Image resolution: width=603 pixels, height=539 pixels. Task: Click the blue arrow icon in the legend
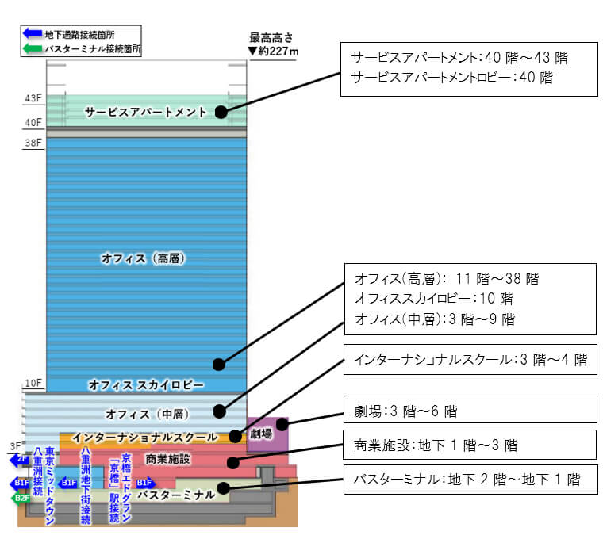coord(33,33)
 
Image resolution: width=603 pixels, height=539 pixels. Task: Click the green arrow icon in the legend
coord(33,48)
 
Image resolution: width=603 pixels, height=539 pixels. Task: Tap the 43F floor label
coord(33,98)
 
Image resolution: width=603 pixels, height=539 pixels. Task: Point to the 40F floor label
coord(33,123)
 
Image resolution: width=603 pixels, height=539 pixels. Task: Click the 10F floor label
coord(33,383)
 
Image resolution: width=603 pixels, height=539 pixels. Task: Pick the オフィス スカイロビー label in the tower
coord(146,385)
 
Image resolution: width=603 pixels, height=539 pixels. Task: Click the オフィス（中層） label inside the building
coord(143,414)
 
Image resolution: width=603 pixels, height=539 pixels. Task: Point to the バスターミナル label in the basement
coord(175,495)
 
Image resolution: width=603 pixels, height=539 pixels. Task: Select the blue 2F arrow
coord(21,459)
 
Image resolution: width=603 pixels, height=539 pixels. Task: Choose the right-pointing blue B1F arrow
coord(145,483)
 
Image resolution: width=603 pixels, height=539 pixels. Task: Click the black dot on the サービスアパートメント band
coord(221,113)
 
